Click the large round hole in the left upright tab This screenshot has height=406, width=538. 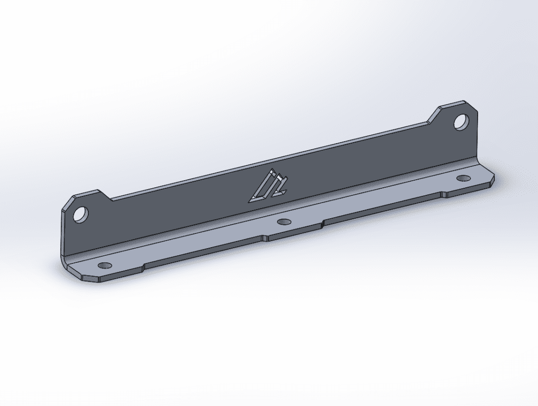(x=80, y=215)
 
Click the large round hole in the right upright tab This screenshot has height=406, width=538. (x=461, y=122)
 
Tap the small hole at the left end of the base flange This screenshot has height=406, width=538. (x=105, y=265)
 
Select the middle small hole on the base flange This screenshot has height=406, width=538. (x=284, y=221)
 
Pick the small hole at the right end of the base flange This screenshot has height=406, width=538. (x=463, y=178)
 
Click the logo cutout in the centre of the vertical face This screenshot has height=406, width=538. (x=268, y=186)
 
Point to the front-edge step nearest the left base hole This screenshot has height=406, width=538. (x=144, y=266)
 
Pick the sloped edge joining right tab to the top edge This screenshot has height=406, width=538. (x=433, y=115)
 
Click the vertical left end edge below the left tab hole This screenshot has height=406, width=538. (x=63, y=239)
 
